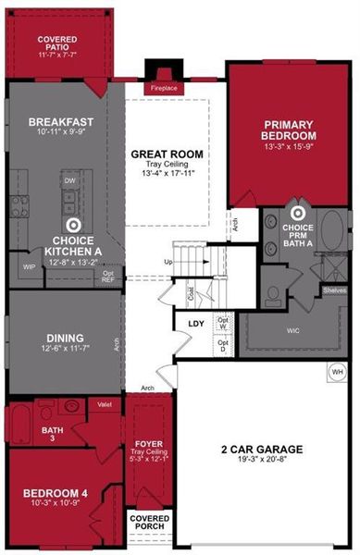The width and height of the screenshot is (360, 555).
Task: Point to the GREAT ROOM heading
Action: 167,154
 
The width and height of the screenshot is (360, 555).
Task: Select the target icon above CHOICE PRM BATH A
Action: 297,211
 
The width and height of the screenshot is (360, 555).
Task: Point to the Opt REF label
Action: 108,276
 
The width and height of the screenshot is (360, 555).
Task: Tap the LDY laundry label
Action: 196,324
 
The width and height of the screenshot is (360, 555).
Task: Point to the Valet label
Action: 105,404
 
